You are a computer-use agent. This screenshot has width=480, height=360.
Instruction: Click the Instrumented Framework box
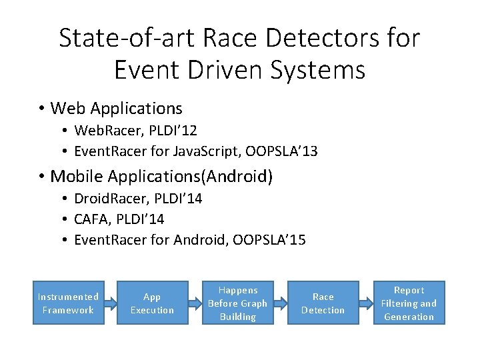tap(69, 303)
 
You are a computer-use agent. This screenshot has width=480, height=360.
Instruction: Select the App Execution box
tap(152, 303)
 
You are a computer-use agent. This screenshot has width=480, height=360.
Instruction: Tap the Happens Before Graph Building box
tap(238, 303)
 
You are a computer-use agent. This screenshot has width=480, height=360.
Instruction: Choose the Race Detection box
tap(323, 303)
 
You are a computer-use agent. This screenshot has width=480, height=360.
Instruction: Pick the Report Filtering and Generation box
tap(409, 303)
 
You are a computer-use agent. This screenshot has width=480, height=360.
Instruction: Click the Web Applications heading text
tap(116, 108)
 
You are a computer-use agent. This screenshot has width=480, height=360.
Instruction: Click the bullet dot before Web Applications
tap(41, 109)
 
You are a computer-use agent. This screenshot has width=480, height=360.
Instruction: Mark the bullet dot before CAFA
tap(65, 219)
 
